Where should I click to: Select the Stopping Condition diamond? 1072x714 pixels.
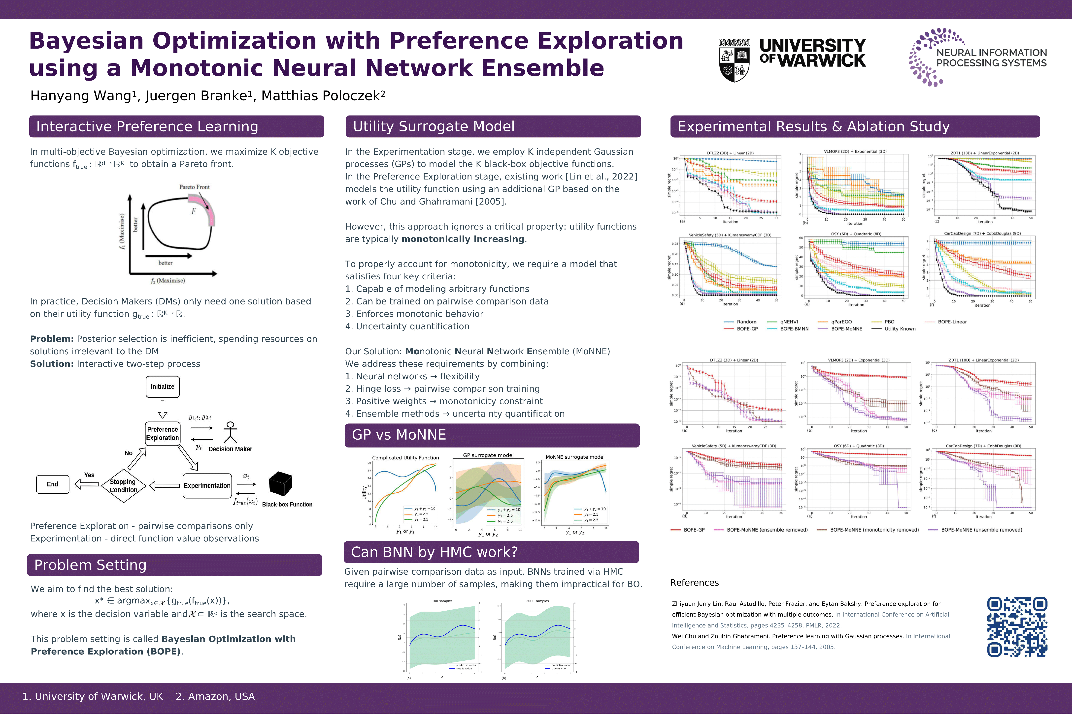[x=123, y=485]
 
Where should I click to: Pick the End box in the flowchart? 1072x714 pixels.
[x=52, y=484]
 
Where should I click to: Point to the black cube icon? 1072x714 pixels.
[x=280, y=484]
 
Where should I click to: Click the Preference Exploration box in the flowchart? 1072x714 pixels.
[x=163, y=434]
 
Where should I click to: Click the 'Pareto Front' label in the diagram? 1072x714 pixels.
[x=194, y=187]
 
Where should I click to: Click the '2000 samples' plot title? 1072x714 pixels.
[x=537, y=601]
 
